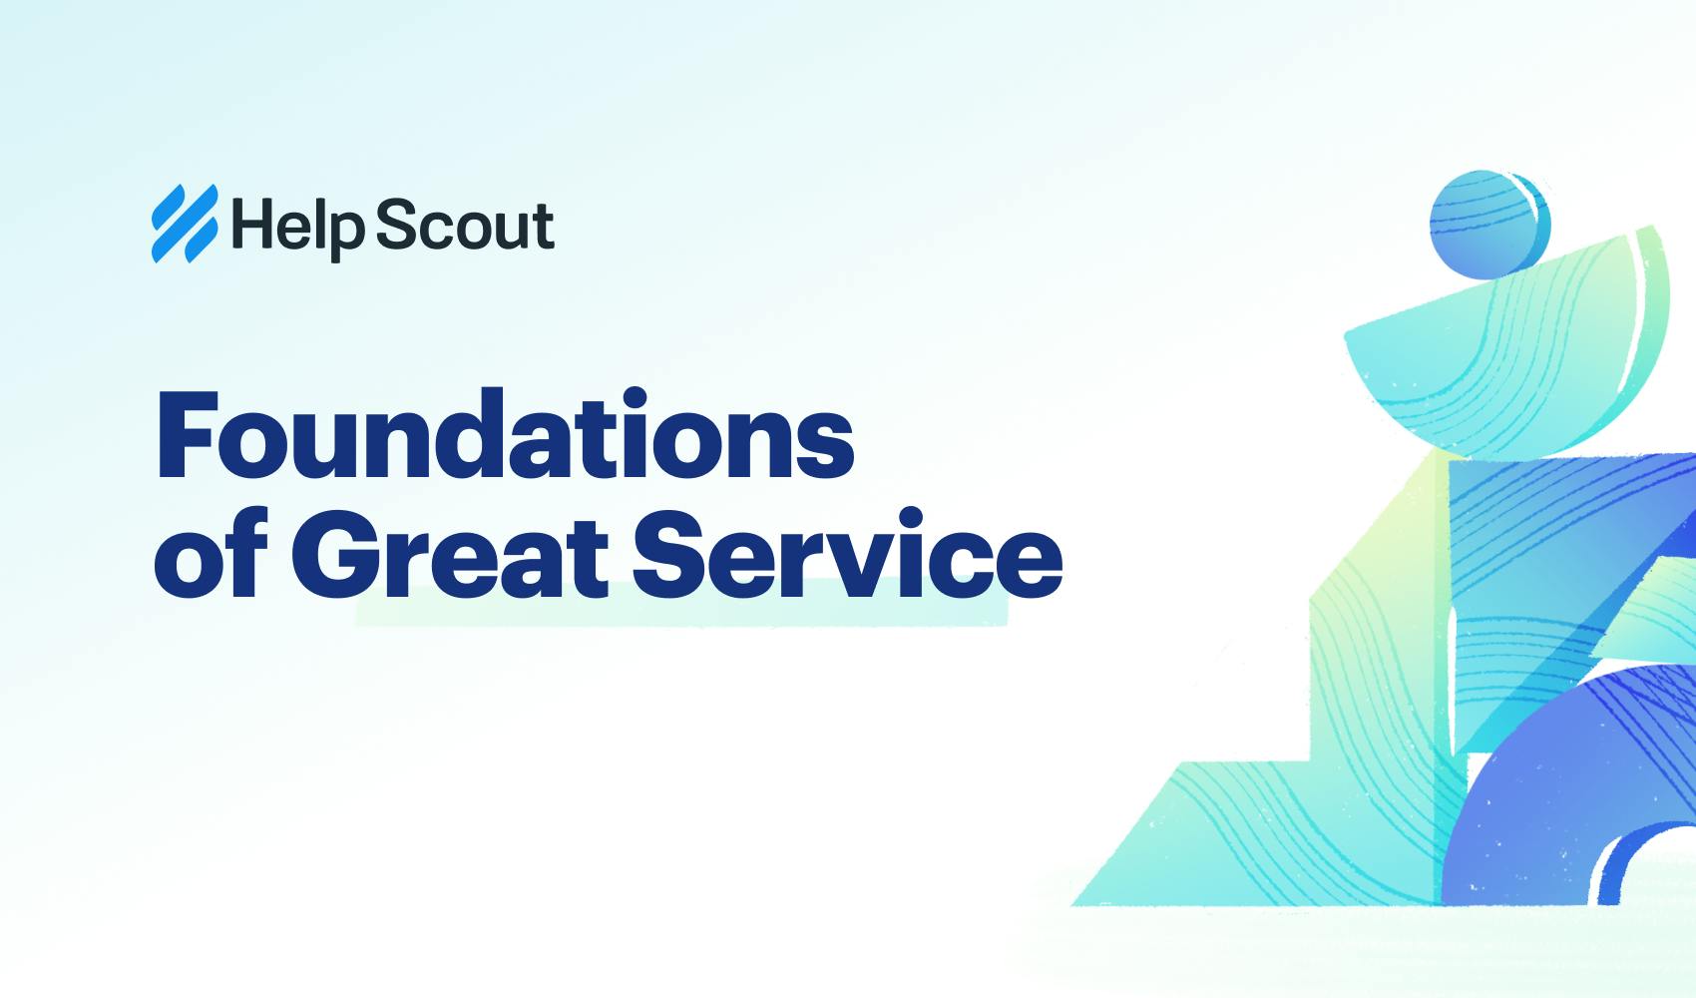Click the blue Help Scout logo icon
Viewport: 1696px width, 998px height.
click(x=184, y=225)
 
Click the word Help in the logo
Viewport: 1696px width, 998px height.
click(x=297, y=227)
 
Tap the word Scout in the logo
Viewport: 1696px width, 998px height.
click(x=465, y=226)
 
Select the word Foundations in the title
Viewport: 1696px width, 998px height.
click(x=505, y=436)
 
